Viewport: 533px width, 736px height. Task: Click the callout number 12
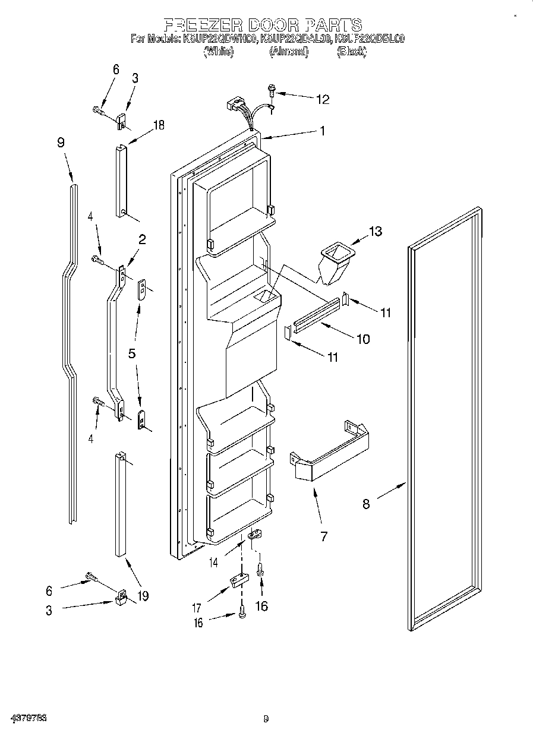322,99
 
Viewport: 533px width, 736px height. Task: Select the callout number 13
376,231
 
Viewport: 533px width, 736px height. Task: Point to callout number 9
61,143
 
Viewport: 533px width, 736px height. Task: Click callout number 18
158,125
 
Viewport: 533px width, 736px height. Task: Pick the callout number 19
143,595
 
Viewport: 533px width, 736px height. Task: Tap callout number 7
323,536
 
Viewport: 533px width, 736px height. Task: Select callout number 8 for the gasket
366,504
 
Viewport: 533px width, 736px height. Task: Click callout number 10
362,339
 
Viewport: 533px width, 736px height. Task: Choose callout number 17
197,608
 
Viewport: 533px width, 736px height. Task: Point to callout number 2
142,240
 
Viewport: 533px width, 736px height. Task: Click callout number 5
132,353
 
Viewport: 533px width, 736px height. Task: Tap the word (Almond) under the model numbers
289,52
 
